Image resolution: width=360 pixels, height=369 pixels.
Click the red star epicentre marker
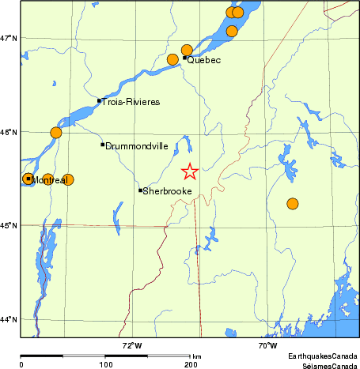point(190,171)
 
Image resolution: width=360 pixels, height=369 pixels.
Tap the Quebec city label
point(203,60)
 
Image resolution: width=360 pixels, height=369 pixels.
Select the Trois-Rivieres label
point(131,102)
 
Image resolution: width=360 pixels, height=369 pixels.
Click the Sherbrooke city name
point(166,191)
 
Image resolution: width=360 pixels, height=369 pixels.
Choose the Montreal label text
point(51,180)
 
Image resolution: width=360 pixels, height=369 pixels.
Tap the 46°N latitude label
point(9,132)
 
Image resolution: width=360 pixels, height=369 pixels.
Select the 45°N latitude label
point(9,226)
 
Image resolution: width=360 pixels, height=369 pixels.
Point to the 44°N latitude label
point(9,319)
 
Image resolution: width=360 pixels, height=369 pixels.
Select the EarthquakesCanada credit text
point(322,356)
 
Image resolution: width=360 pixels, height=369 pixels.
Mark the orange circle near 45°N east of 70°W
point(293,204)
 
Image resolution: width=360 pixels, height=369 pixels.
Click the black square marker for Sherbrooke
point(141,190)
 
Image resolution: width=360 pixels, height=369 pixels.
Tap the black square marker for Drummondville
point(103,145)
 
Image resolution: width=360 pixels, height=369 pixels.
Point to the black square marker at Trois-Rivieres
point(99,100)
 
